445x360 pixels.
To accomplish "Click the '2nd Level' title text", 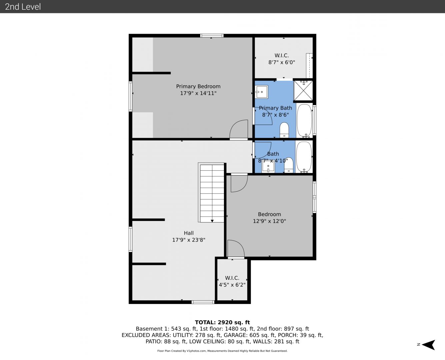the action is click(23, 7).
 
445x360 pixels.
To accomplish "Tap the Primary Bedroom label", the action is click(198, 86).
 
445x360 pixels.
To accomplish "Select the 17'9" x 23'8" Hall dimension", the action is click(189, 240).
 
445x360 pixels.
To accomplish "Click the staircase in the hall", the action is click(211, 192).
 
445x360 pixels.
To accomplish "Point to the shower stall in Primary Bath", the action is click(303, 90).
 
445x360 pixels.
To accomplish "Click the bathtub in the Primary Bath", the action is click(304, 121).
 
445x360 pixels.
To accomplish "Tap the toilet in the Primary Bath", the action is click(284, 130).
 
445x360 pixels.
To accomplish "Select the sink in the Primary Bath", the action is click(261, 92).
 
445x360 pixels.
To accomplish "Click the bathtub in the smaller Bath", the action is click(304, 157).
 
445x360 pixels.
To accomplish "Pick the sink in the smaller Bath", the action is click(268, 167).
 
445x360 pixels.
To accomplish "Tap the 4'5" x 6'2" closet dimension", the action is click(232, 285).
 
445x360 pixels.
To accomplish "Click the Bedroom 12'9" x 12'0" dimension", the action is click(269, 221).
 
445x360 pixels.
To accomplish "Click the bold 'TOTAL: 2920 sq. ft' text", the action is click(222, 322).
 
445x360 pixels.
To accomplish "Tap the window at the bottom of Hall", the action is click(203, 302).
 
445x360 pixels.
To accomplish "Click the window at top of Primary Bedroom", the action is click(212, 36).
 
